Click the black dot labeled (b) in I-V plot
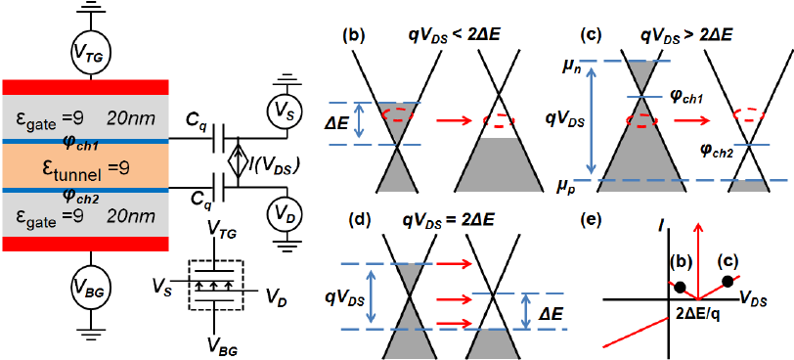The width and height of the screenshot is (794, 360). coord(678,286)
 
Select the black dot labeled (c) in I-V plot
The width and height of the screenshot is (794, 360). coord(727,282)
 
